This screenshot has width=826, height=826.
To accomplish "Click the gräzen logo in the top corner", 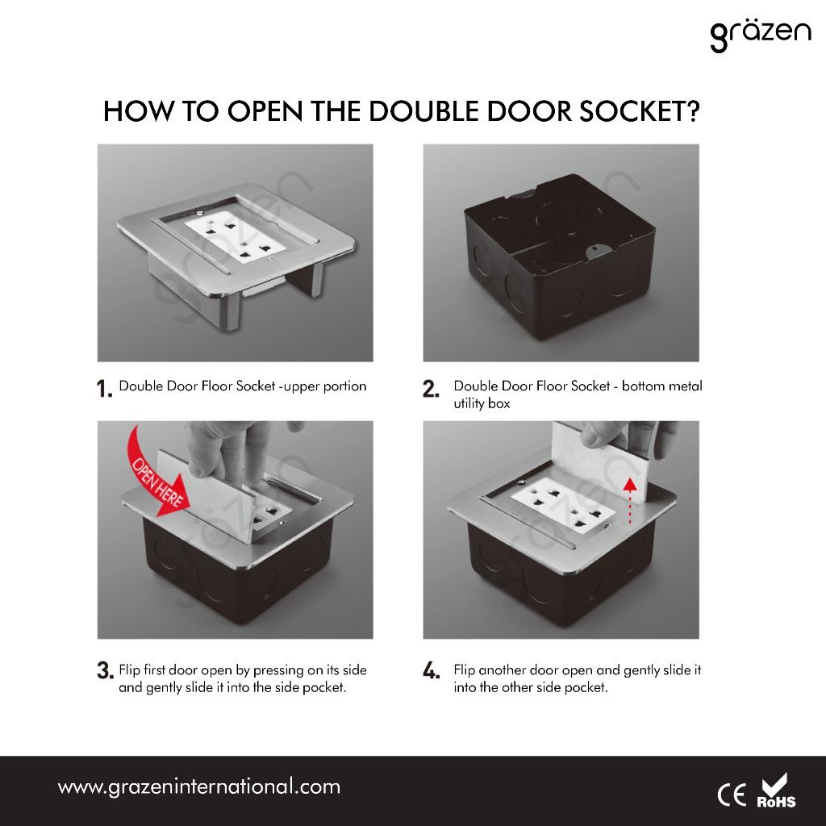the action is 760,35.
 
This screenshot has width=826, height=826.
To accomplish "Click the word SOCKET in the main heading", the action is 640,111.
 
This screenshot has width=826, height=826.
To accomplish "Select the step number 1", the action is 104,389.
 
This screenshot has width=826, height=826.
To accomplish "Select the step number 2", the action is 431,389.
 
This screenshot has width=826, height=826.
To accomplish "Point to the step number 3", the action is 105,670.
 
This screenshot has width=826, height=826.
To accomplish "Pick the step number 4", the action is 431,670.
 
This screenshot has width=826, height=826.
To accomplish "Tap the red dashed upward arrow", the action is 629,500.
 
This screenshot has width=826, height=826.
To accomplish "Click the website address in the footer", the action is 198,787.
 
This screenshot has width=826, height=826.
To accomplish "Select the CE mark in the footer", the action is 732,795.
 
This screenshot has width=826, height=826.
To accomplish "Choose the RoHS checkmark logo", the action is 776,791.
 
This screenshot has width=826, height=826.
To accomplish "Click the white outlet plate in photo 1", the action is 236,236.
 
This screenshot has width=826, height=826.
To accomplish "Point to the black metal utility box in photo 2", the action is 560,258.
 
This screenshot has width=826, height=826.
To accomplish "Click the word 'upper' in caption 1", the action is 301,386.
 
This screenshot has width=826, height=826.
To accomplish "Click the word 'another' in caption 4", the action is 502,670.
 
